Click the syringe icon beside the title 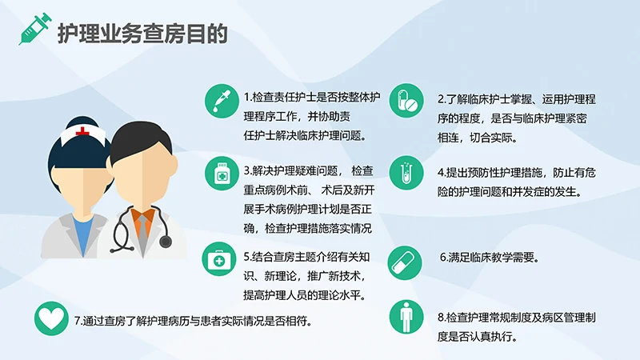click(35, 29)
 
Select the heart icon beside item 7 click(50, 320)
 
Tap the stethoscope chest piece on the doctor click(165, 240)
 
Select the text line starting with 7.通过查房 click(193, 321)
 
